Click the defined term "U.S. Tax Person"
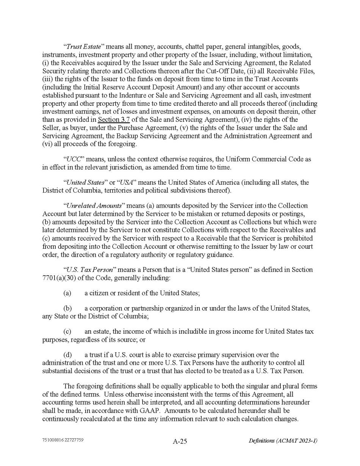pyautogui.click(x=90, y=270)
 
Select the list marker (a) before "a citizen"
pyautogui.click(x=67, y=293)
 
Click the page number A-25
pyautogui.click(x=180, y=441)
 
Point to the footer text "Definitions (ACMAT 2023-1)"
pyautogui.click(x=283, y=441)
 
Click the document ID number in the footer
pyautogui.click(x=63, y=440)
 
